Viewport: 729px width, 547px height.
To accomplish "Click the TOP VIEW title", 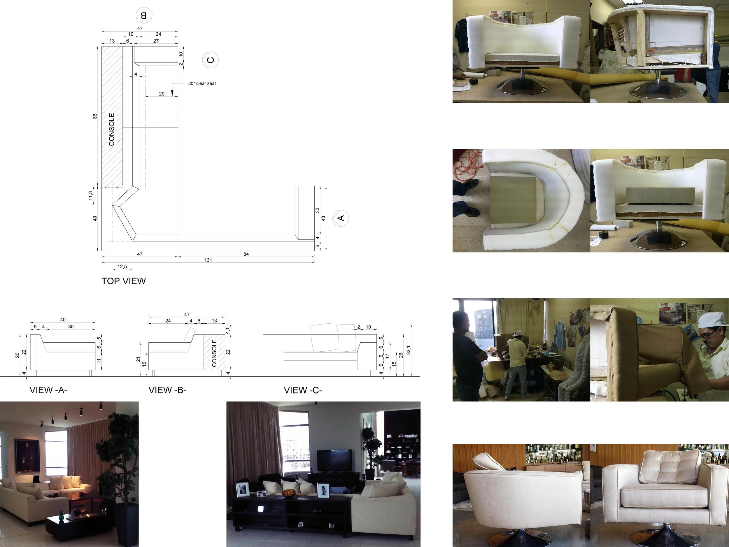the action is pos(123,281).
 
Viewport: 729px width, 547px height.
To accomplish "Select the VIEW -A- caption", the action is pos(48,390).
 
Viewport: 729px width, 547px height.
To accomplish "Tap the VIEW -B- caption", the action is pos(167,390).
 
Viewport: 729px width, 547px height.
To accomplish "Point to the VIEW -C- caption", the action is pos(303,390).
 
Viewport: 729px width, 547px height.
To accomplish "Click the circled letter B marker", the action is pos(144,15).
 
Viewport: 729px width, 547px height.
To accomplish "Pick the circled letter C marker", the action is pos(210,60).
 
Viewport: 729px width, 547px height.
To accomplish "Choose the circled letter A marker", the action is pos(341,218).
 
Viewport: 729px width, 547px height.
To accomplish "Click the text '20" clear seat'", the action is pos(202,84).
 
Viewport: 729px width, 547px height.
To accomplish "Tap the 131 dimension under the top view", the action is pos(208,260).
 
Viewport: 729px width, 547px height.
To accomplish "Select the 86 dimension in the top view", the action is pos(95,116).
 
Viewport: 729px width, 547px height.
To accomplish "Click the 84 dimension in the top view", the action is pos(246,254).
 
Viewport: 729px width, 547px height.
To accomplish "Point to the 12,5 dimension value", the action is pos(122,267).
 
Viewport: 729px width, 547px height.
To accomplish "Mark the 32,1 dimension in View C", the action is pos(409,350).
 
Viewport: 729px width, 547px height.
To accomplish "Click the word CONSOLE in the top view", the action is pos(112,129).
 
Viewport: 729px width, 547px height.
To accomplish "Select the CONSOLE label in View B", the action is pos(214,353).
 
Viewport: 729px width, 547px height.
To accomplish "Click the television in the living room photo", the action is pos(334,460).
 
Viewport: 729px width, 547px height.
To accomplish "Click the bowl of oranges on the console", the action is pos(289,493).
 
